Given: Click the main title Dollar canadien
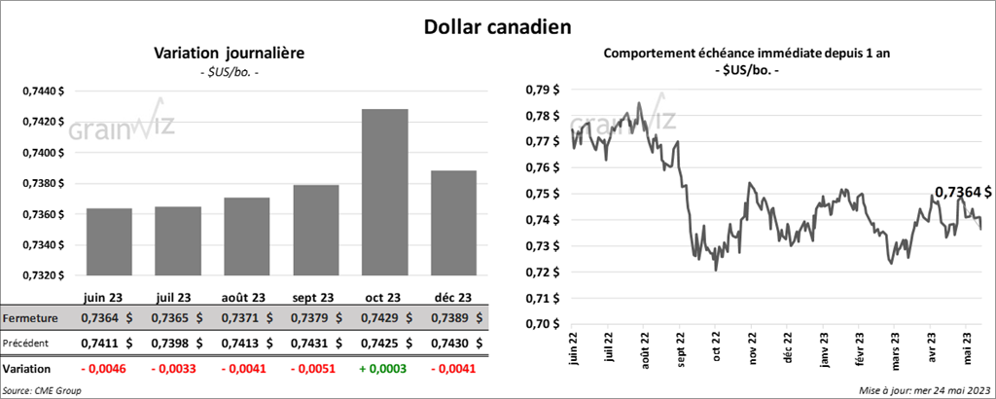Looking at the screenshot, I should (x=497, y=23).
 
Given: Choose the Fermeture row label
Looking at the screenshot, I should (x=31, y=318).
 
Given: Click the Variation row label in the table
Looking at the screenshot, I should (x=27, y=370).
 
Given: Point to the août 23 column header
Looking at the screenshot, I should (x=244, y=297).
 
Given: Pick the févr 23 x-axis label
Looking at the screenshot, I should (x=861, y=349).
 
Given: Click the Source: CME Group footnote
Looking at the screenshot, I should (x=41, y=390).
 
